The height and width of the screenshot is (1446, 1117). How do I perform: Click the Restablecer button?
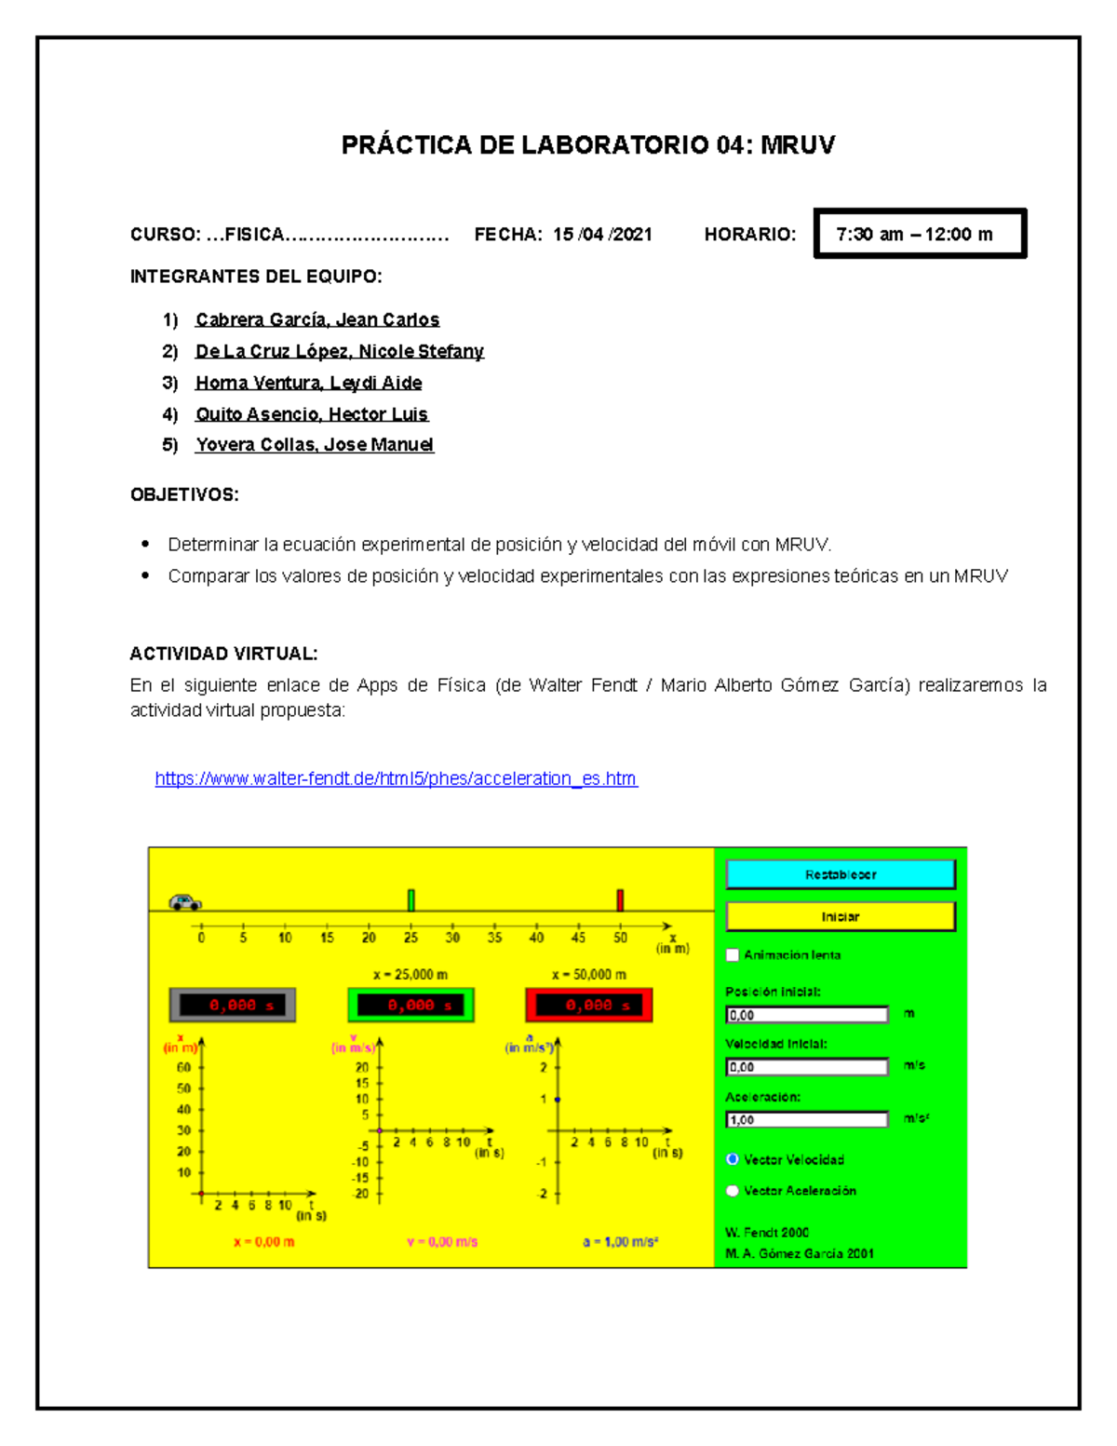840,874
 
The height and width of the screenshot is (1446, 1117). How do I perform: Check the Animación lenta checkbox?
733,954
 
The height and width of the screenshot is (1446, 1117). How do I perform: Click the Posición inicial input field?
806,1015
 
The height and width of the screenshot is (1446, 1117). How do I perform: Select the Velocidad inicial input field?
806,1067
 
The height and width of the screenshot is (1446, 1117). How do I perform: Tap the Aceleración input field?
806,1119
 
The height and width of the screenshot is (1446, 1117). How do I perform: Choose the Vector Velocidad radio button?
733,1159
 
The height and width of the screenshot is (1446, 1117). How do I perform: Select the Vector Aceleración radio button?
733,1190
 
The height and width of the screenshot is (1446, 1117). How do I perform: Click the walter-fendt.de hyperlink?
396,778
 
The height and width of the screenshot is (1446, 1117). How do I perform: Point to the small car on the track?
184,901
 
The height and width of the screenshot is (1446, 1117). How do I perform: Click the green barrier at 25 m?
411,899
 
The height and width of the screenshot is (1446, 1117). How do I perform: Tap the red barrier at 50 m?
620,899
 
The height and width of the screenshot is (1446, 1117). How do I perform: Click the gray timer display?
233,1006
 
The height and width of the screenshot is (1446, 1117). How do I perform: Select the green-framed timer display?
410,1006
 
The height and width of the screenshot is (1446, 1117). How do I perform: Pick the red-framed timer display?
589,1006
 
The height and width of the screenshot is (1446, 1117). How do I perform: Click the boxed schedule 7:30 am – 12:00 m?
919,234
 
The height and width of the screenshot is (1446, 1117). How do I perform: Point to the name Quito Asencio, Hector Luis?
312,414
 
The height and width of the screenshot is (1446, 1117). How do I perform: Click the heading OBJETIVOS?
184,494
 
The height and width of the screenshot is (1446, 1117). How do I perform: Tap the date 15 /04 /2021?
602,235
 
